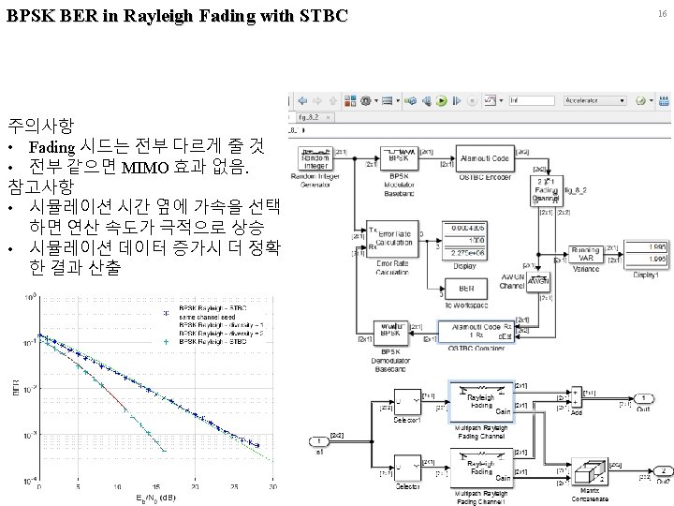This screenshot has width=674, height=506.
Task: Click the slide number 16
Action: point(661,14)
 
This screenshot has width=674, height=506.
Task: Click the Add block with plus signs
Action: point(579,400)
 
